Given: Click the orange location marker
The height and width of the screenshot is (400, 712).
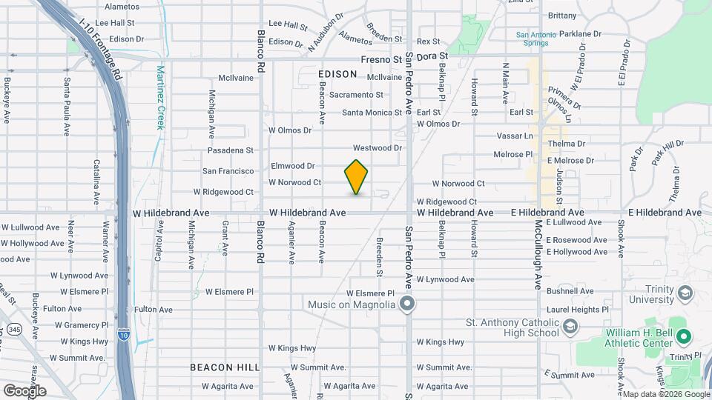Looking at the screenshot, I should [356, 177].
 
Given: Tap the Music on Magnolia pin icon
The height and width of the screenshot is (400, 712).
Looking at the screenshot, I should [406, 304].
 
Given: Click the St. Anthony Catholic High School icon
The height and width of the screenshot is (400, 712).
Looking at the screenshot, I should [570, 327].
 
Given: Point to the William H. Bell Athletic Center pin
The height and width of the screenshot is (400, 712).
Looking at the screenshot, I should [685, 338].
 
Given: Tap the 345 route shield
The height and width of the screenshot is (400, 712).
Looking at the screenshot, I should [15, 327].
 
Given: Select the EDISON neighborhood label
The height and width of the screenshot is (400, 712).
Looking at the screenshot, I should [337, 75].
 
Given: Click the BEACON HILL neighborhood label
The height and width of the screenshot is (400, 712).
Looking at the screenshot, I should [224, 367].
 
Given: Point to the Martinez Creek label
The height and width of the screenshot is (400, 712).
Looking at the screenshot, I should [159, 97].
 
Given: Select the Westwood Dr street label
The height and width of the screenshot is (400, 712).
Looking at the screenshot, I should [377, 148].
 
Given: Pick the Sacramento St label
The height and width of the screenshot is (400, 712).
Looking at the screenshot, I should [356, 95].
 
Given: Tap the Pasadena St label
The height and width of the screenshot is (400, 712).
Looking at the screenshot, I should [231, 150].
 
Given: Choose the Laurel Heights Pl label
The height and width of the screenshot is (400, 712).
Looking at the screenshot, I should [578, 309].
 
